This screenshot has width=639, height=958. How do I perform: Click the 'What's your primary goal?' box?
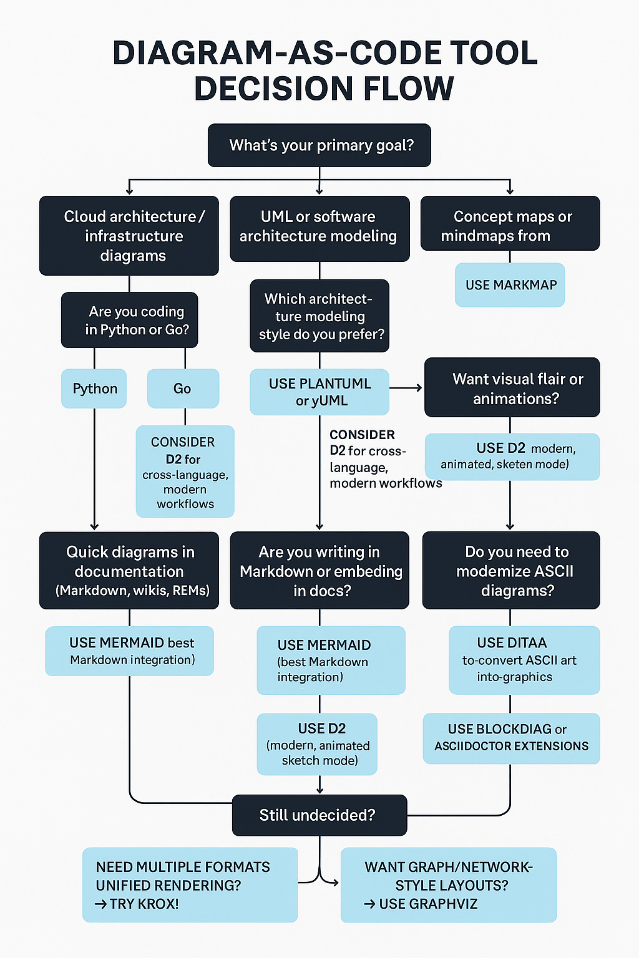(x=319, y=145)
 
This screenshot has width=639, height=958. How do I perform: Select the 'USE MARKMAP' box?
(x=510, y=285)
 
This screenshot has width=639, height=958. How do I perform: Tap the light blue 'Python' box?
(x=94, y=389)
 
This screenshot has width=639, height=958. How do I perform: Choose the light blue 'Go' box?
(x=183, y=389)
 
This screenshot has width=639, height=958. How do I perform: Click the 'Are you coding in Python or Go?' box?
(x=130, y=320)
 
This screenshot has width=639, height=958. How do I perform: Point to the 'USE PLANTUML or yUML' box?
(x=319, y=392)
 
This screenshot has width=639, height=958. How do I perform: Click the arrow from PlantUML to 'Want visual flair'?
(x=406, y=388)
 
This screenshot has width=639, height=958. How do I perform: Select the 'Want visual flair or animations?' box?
(x=512, y=388)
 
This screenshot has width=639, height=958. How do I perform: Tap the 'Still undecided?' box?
(x=319, y=815)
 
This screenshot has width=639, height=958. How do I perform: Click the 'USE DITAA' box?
(x=524, y=660)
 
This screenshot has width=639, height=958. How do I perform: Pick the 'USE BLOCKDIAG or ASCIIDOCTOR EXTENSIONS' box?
(x=511, y=738)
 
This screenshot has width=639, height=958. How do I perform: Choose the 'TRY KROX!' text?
(x=137, y=904)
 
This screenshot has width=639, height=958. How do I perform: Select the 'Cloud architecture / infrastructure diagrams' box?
(x=129, y=236)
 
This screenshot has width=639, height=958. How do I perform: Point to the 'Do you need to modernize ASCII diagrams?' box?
(x=511, y=570)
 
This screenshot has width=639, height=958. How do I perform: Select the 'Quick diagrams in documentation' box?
(x=129, y=570)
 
